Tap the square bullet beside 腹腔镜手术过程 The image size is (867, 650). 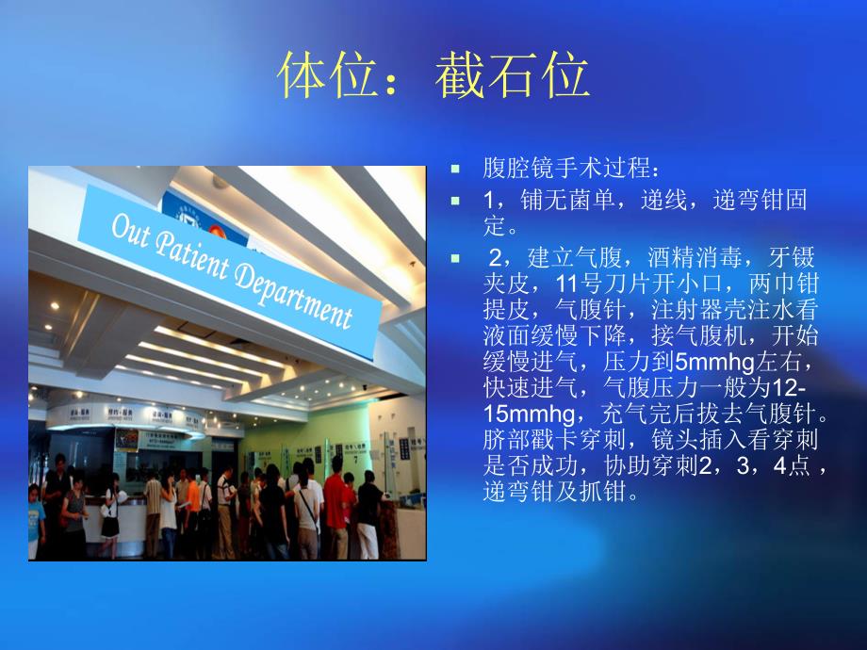pyautogui.click(x=455, y=170)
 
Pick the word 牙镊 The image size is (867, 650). pyautogui.click(x=795, y=256)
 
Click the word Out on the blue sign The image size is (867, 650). pyautogui.click(x=133, y=229)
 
